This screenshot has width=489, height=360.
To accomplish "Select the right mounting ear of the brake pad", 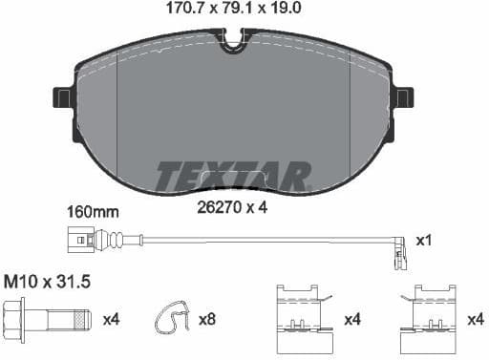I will click(404, 96).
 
